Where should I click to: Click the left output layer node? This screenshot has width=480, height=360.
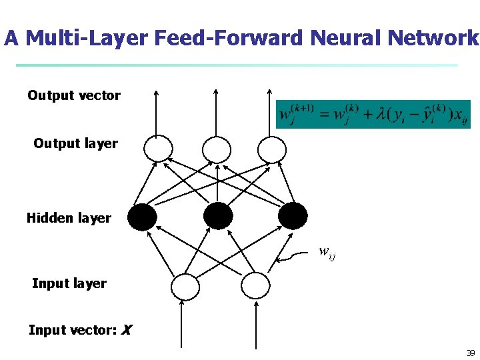[159, 148]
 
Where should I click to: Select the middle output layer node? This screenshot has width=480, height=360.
[216, 148]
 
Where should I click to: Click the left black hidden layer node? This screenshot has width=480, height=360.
[142, 216]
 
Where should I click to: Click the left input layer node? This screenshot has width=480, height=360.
[185, 286]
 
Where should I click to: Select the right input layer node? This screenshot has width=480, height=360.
[255, 286]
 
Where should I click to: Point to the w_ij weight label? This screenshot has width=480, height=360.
[327, 252]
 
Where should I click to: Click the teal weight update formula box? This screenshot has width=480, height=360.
[373, 114]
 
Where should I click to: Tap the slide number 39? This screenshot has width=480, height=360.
[470, 353]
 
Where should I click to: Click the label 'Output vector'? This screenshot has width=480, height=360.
[73, 95]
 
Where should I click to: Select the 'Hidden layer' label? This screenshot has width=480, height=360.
[69, 218]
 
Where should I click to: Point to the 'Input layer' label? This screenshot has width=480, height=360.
[69, 283]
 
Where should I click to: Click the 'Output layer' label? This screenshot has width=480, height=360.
[75, 143]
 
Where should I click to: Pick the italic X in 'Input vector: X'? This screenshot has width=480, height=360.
[127, 330]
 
